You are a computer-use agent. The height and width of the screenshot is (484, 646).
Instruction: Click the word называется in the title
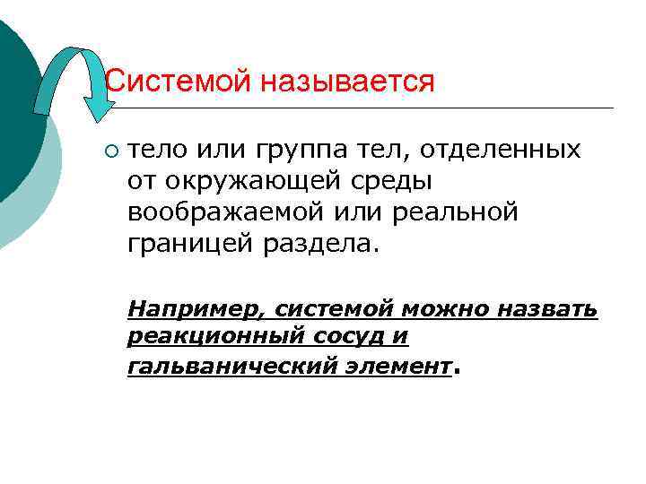(x=348, y=83)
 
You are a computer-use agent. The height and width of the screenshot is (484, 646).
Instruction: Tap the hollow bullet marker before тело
(x=110, y=150)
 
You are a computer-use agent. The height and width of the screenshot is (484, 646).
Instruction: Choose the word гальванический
(x=225, y=366)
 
